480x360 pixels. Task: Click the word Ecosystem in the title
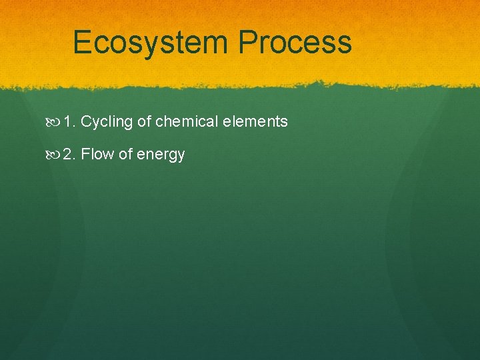click(x=151, y=43)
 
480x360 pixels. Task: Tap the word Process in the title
click(x=295, y=43)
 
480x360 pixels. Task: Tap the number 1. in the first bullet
click(x=70, y=122)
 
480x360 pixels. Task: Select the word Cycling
click(x=107, y=122)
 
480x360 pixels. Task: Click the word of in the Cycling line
click(x=144, y=122)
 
